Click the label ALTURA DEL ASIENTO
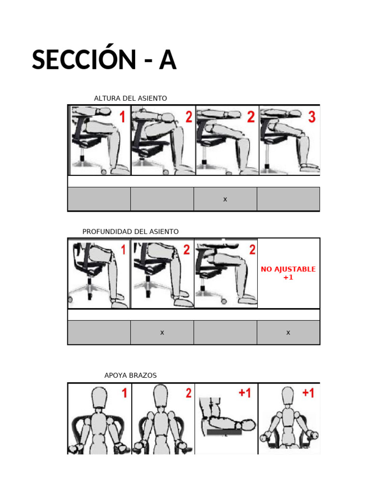pyautogui.click(x=130, y=98)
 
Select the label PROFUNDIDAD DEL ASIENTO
pyautogui.click(x=130, y=232)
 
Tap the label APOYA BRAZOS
pyautogui.click(x=130, y=375)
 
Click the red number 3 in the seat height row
pyautogui.click(x=312, y=117)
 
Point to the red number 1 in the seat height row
pyautogui.click(x=123, y=117)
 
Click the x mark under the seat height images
pyautogui.click(x=225, y=199)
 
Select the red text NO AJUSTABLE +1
pyautogui.click(x=288, y=273)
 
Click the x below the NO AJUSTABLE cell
pyautogui.click(x=288, y=332)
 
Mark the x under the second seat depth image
pyautogui.click(x=162, y=332)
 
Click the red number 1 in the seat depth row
pyautogui.click(x=124, y=249)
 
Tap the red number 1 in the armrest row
pyautogui.click(x=124, y=393)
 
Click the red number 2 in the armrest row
pyautogui.click(x=188, y=393)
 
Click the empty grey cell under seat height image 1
pyautogui.click(x=99, y=199)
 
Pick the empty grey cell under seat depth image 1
pyautogui.click(x=99, y=332)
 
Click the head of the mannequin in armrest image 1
pyautogui.click(x=99, y=398)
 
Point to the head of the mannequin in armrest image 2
pyautogui.click(x=161, y=395)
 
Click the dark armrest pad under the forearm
pyautogui.click(x=224, y=433)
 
